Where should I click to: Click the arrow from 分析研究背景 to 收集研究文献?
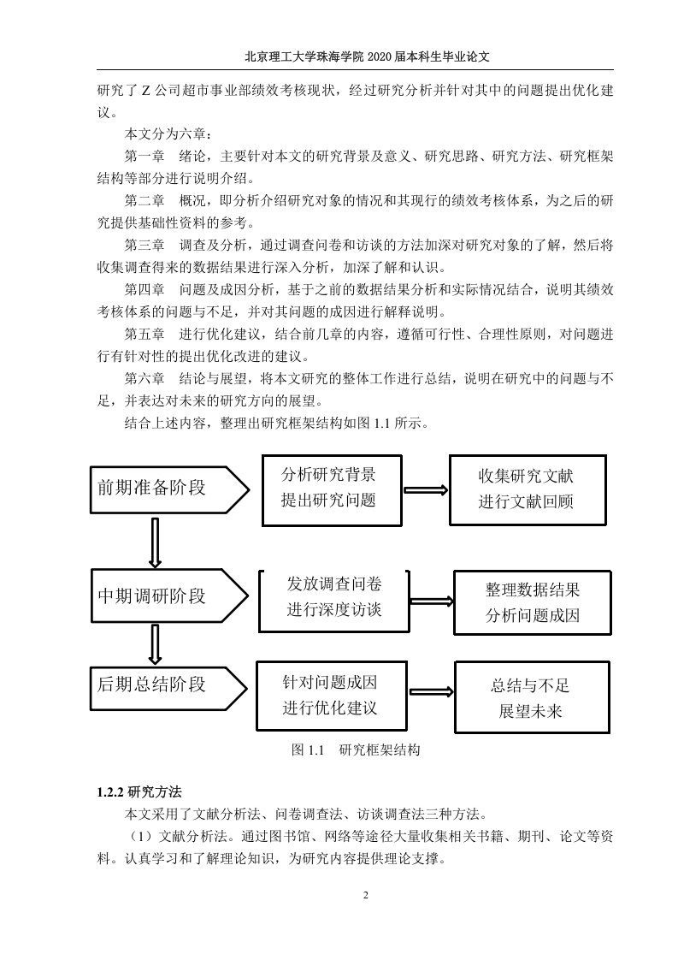[x=426, y=489]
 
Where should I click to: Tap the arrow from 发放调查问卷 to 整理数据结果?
[x=432, y=601]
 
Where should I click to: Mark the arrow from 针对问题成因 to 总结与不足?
[x=432, y=692]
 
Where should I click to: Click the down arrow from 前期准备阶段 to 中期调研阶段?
[x=155, y=542]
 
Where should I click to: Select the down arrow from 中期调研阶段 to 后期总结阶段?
[x=155, y=644]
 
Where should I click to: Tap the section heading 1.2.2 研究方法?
[x=139, y=791]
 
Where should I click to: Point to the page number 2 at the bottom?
[x=366, y=896]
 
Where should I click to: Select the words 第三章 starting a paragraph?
[x=145, y=246]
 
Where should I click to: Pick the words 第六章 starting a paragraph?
[x=145, y=378]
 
